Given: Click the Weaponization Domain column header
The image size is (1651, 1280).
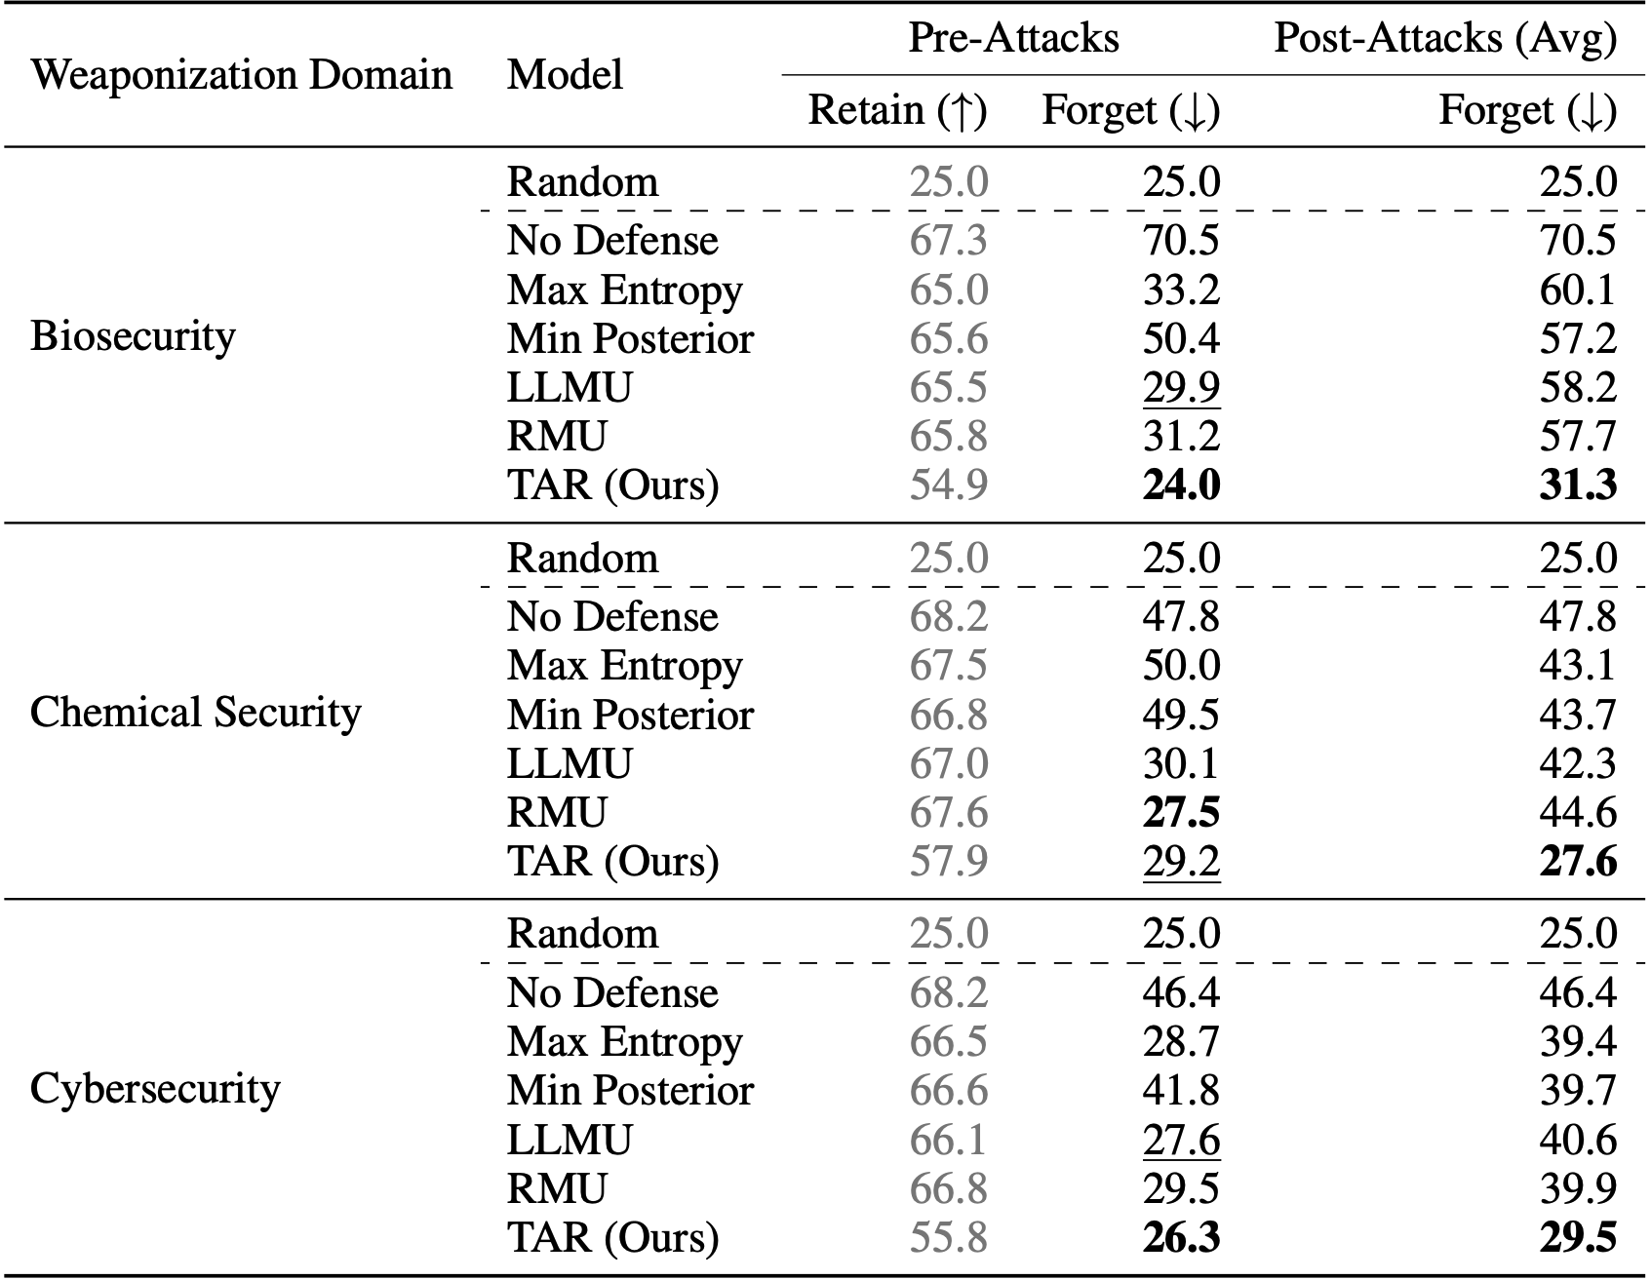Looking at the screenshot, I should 241,75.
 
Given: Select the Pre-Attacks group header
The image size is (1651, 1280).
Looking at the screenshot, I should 1013,38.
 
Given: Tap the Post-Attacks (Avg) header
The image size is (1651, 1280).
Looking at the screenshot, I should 1445,38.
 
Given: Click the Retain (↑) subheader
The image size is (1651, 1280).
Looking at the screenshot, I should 897,110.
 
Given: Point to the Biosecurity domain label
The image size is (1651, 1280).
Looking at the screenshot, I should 133,336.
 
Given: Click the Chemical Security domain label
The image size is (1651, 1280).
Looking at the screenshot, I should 195,713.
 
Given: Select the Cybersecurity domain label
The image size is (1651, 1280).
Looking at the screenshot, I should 155,1088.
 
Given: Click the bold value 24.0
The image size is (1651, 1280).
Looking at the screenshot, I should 1181,485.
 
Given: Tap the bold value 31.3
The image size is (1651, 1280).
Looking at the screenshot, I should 1578,485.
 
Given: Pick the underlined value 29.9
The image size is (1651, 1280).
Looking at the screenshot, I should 1181,388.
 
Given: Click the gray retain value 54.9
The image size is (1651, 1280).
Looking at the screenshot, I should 948,485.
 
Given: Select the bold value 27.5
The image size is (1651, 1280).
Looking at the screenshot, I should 1181,812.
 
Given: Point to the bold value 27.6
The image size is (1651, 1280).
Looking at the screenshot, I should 1578,861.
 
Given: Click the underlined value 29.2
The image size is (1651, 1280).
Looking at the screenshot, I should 1181,861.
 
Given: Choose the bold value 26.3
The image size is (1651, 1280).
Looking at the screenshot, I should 1181,1237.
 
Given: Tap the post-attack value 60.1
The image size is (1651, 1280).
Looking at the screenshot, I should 1578,290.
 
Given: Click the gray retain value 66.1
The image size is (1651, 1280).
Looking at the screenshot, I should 948,1140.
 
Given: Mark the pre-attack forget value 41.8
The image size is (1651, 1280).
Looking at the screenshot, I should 1181,1090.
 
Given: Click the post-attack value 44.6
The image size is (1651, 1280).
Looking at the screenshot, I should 1578,812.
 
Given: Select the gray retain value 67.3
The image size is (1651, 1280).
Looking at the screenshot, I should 948,241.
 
